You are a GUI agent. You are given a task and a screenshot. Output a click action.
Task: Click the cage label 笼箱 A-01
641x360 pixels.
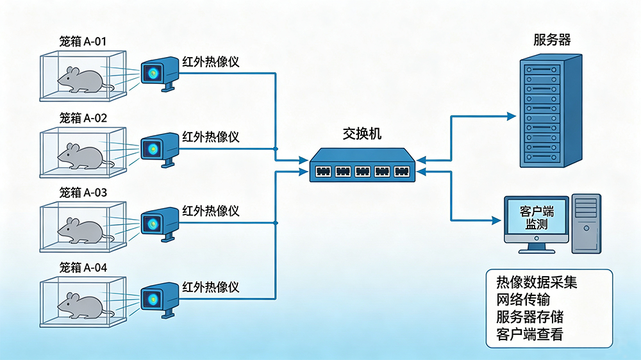pos(83,41)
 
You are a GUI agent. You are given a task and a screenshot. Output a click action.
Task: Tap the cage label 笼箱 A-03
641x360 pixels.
pos(83,192)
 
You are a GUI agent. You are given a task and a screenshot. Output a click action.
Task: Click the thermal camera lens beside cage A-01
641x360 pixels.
pos(153,74)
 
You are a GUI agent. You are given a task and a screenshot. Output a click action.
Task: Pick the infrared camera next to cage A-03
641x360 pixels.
pos(160,224)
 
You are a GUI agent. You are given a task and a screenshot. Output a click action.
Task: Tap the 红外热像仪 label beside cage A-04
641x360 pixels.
pos(210,287)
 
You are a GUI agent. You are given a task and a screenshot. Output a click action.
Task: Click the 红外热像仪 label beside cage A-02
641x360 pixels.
pos(210,137)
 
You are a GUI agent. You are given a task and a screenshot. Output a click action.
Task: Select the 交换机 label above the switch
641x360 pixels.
pos(362,134)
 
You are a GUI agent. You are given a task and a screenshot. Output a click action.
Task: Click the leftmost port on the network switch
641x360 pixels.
pos(323,171)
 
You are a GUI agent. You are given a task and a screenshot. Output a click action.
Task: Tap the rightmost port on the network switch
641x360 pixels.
pos(401,171)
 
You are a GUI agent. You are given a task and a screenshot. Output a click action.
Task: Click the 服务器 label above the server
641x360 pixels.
pos(552,40)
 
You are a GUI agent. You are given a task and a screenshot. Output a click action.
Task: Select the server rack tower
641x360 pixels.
pos(551,111)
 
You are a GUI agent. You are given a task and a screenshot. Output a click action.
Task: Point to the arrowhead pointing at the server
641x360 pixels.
pos(512,117)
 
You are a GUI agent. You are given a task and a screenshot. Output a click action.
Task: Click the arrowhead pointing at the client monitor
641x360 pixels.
pos(496,220)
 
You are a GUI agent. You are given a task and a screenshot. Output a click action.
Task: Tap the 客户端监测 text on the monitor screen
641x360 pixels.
pos(537,218)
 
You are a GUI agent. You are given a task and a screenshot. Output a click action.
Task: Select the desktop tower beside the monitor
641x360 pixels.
pos(587,224)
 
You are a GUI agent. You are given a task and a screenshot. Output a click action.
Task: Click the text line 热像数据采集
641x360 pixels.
pos(537,282)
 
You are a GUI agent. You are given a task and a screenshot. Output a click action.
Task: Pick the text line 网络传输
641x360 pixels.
pos(523,300)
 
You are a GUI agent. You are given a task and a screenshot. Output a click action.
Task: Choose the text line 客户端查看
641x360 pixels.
pos(530,334)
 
